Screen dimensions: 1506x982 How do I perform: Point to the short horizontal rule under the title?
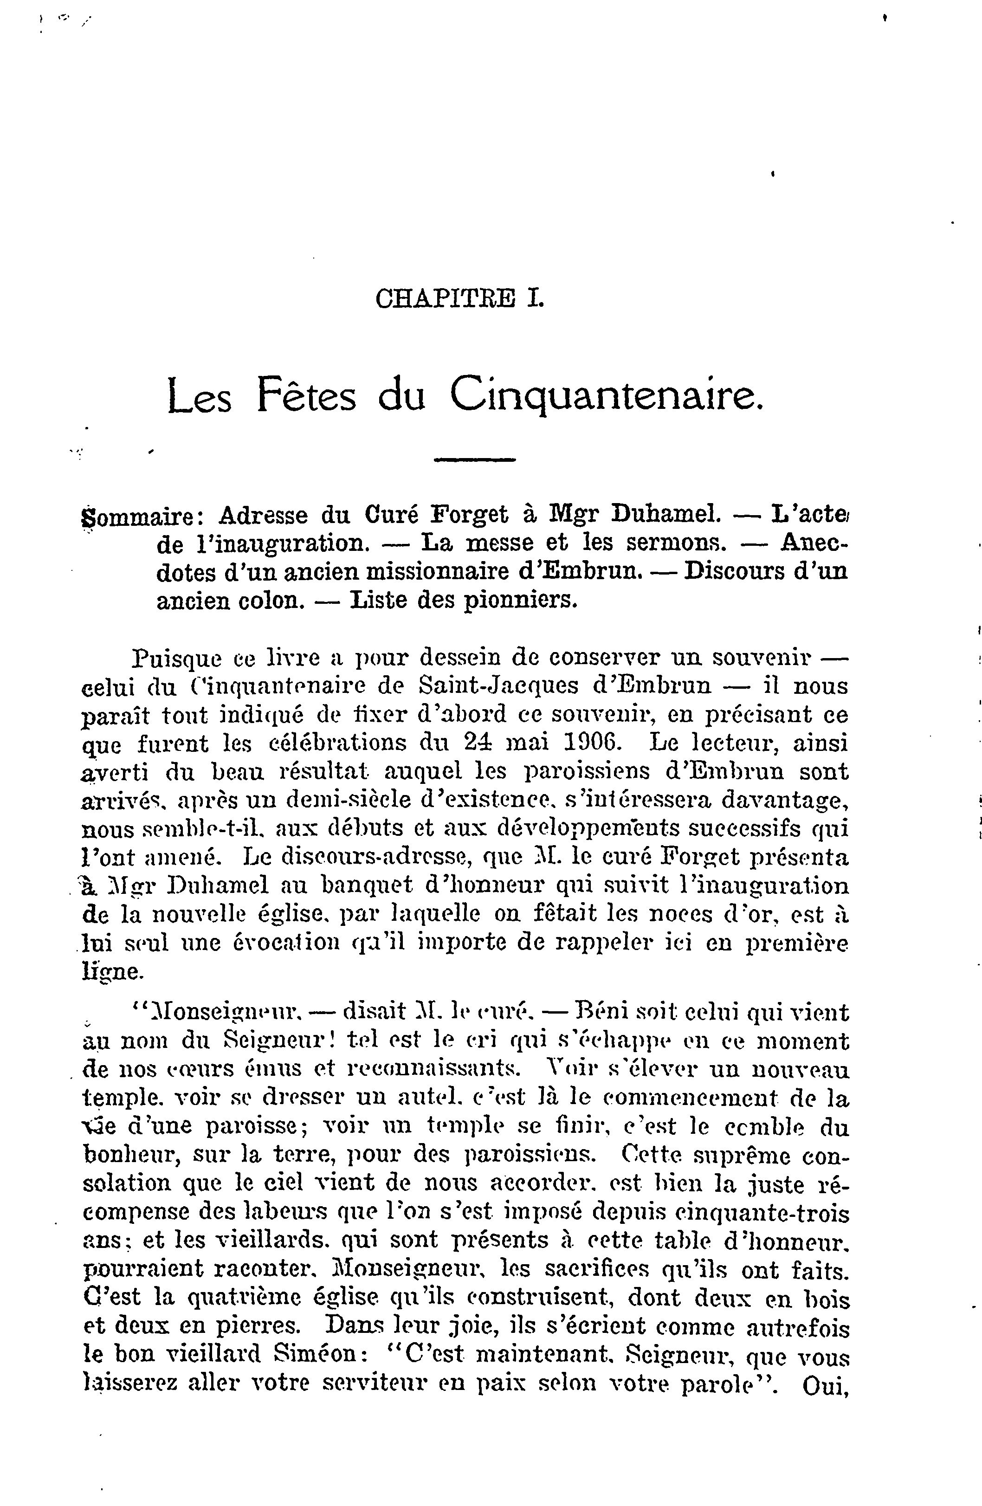475,460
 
